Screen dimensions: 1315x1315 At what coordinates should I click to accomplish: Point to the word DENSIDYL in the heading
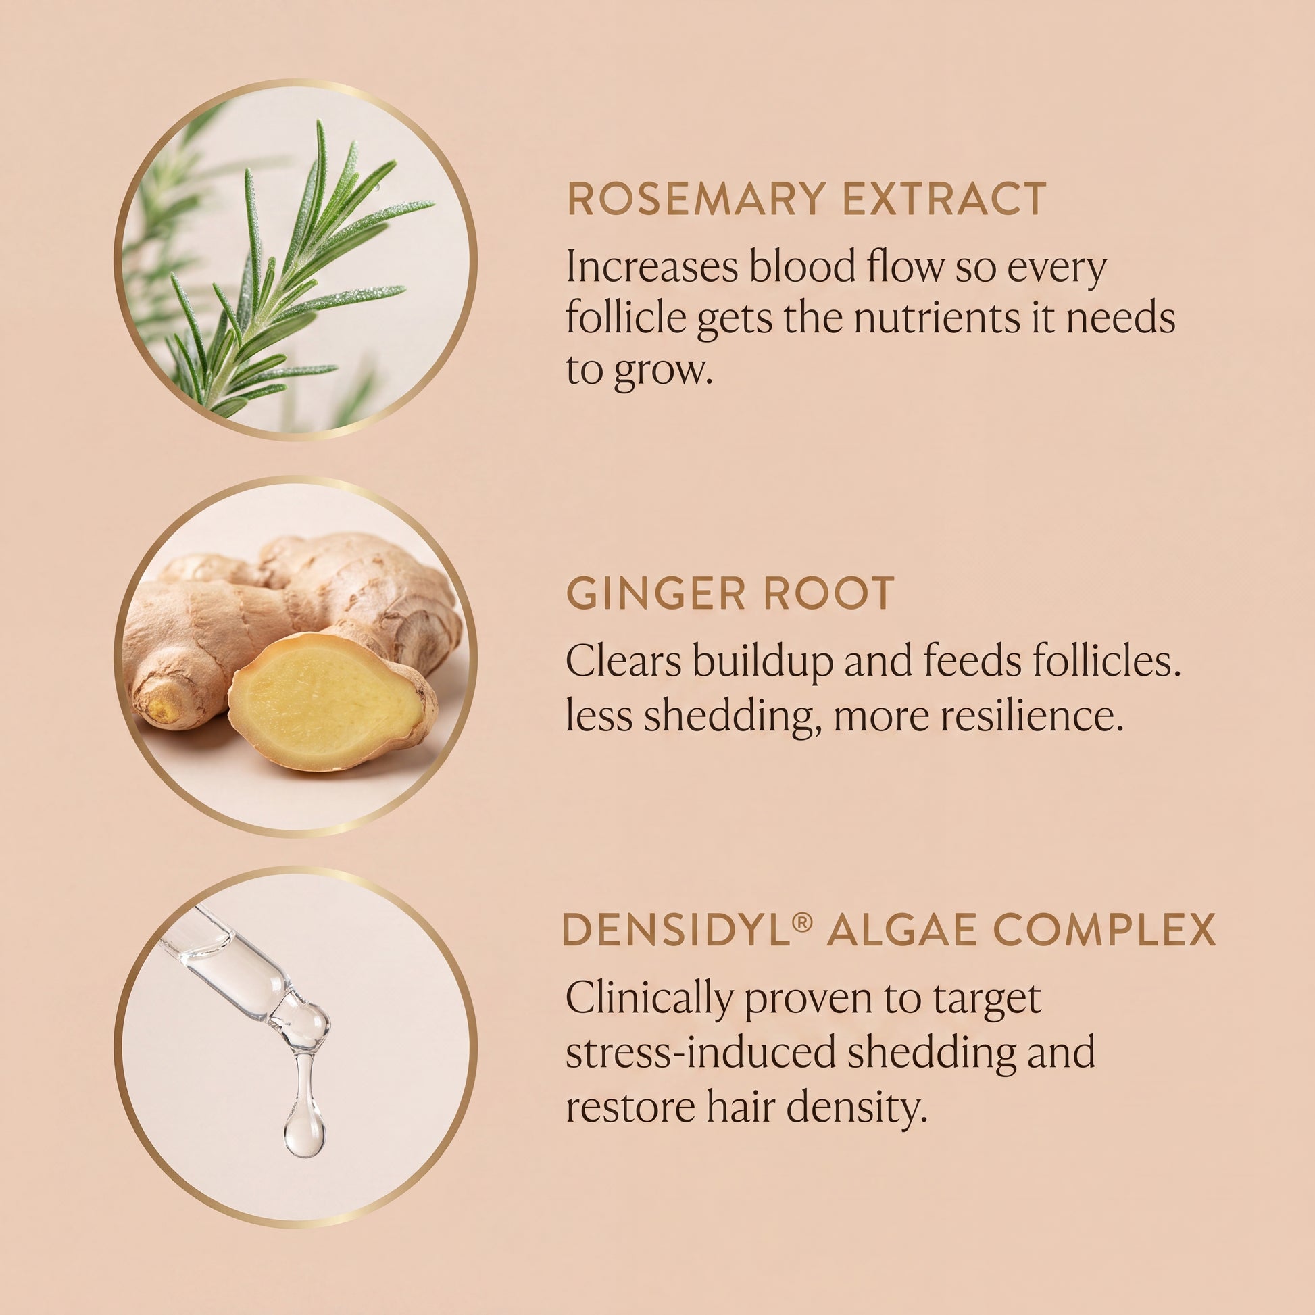(x=676, y=929)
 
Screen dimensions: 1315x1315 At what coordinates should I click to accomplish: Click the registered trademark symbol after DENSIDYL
(x=803, y=922)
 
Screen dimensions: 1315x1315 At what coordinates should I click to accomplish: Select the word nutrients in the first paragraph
(x=937, y=318)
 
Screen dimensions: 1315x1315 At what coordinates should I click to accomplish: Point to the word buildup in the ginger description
(x=763, y=663)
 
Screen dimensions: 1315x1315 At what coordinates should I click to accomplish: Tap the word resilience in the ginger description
(x=1032, y=716)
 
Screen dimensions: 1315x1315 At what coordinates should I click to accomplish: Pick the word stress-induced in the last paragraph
(x=700, y=1052)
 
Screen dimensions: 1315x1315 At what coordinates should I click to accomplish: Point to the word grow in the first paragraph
(x=662, y=372)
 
